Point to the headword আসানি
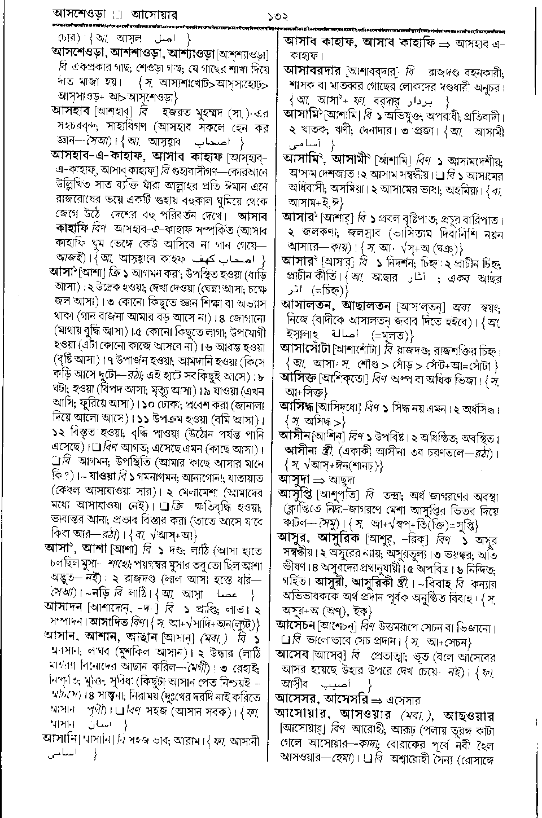tap(61, 737)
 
